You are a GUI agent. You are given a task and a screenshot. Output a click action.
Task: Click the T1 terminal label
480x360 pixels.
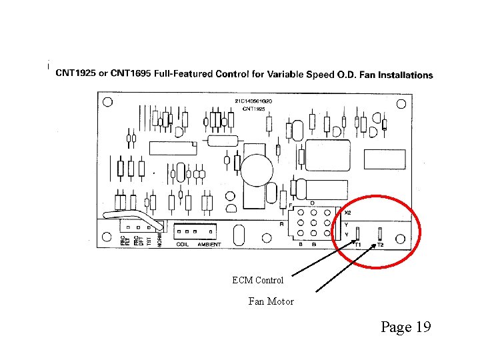click(357, 245)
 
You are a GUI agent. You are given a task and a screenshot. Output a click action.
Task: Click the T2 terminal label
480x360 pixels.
click(381, 245)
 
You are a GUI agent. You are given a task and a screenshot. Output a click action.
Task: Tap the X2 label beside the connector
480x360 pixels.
click(347, 213)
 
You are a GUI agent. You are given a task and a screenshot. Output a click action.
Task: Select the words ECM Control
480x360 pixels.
click(258, 280)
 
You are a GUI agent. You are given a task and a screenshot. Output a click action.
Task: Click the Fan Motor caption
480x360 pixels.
click(271, 301)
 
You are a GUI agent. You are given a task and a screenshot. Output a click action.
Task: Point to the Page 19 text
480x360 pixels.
click(406, 327)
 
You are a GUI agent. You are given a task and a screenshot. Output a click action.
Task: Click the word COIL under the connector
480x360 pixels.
click(182, 245)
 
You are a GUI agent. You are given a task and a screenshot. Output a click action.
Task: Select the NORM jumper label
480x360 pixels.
click(159, 239)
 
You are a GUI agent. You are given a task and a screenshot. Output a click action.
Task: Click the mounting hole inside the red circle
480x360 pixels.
click(400, 239)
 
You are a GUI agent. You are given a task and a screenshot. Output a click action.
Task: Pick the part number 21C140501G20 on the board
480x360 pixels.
click(253, 101)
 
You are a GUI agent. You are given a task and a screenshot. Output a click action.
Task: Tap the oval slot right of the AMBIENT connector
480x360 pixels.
click(238, 234)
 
